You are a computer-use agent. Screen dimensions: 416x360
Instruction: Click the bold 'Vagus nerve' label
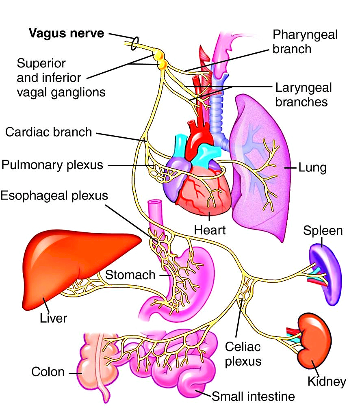(x=66, y=33)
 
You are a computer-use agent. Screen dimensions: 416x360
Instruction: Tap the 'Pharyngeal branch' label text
(x=305, y=41)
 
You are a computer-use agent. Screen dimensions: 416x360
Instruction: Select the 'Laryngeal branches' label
(x=303, y=94)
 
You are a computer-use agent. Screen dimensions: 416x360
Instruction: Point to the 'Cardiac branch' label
(x=49, y=132)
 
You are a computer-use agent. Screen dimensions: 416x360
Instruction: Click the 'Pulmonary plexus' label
(x=52, y=165)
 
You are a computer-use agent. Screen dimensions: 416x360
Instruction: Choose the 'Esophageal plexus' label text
(x=54, y=195)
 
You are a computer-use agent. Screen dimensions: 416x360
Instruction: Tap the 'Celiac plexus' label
(x=243, y=353)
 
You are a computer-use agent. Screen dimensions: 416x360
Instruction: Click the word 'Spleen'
(x=323, y=231)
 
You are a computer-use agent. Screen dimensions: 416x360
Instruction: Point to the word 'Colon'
(x=48, y=372)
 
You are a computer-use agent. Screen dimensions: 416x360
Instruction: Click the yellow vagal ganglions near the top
(x=160, y=58)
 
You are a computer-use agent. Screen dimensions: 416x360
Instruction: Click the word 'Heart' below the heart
(x=210, y=230)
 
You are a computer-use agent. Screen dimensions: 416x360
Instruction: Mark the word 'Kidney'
(x=327, y=381)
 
